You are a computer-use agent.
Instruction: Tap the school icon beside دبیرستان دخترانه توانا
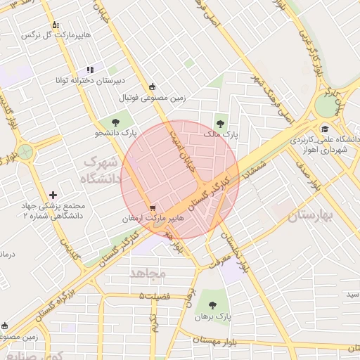[90, 70]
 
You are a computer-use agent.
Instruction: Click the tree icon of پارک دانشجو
[115, 122]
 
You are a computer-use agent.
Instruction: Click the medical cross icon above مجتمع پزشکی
[53, 195]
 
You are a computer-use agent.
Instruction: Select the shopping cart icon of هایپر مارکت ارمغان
[153, 208]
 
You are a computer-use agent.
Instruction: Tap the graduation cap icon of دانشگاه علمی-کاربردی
[325, 129]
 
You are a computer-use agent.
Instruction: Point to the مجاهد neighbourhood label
[148, 272]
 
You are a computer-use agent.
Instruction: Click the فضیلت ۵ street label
[155, 296]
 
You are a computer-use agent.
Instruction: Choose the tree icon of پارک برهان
[212, 305]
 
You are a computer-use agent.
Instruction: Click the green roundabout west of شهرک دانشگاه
[25, 152]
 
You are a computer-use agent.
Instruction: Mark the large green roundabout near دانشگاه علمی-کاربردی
[327, 106]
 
